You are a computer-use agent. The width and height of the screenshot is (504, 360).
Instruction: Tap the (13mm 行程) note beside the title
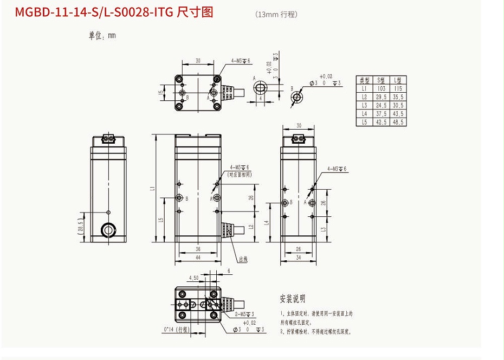click(276, 15)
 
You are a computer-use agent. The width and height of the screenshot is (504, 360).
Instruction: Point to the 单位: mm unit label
click(102, 36)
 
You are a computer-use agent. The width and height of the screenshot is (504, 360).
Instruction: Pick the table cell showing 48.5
click(398, 123)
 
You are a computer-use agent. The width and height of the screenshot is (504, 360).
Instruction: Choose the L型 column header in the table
click(398, 79)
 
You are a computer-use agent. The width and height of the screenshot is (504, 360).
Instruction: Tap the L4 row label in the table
click(364, 114)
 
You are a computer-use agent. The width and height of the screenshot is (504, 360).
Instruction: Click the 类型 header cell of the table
click(364, 79)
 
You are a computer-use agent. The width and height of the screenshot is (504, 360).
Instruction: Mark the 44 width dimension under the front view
click(198, 258)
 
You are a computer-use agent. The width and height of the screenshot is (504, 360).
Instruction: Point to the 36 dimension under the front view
click(198, 249)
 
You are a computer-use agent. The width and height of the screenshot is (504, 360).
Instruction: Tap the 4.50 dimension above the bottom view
click(193, 278)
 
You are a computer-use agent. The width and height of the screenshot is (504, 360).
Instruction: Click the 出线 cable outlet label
click(242, 260)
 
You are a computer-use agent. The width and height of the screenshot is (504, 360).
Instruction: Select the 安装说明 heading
click(293, 299)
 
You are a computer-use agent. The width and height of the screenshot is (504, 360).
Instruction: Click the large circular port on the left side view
click(108, 230)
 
